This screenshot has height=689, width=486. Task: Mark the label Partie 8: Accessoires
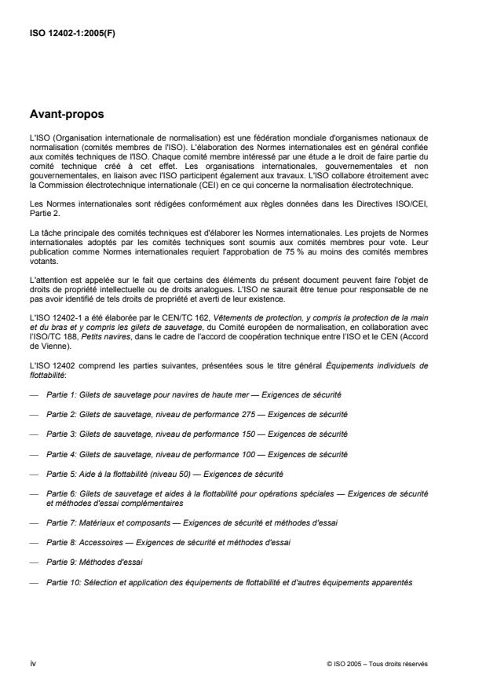coord(88,543)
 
